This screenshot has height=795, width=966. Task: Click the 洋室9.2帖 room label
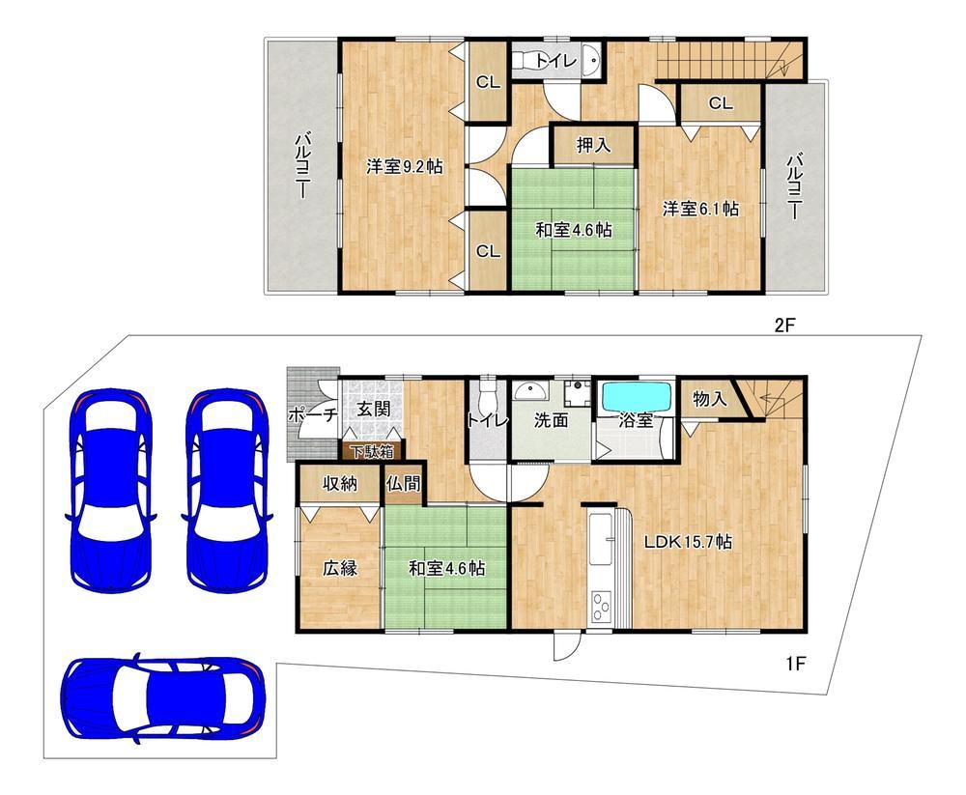point(404,166)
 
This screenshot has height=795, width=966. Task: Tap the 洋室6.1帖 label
point(700,209)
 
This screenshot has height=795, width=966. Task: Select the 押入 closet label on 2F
point(593,146)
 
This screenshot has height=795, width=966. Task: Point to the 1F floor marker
point(796,663)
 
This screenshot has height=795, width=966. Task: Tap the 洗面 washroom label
point(551,421)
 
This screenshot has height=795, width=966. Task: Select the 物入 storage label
point(710,399)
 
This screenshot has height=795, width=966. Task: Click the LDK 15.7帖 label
point(688,542)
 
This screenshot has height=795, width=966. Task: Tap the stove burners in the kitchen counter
point(601,607)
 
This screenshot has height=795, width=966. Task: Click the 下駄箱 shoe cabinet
point(373,451)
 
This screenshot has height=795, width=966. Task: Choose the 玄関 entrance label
point(373,409)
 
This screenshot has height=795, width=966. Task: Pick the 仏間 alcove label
point(404,484)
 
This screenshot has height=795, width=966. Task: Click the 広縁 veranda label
point(340,568)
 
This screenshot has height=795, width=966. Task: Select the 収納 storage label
point(340,484)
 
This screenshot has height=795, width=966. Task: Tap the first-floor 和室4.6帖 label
point(446,568)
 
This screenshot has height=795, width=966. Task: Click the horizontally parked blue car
point(163,698)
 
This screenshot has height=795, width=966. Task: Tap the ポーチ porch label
point(313,414)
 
